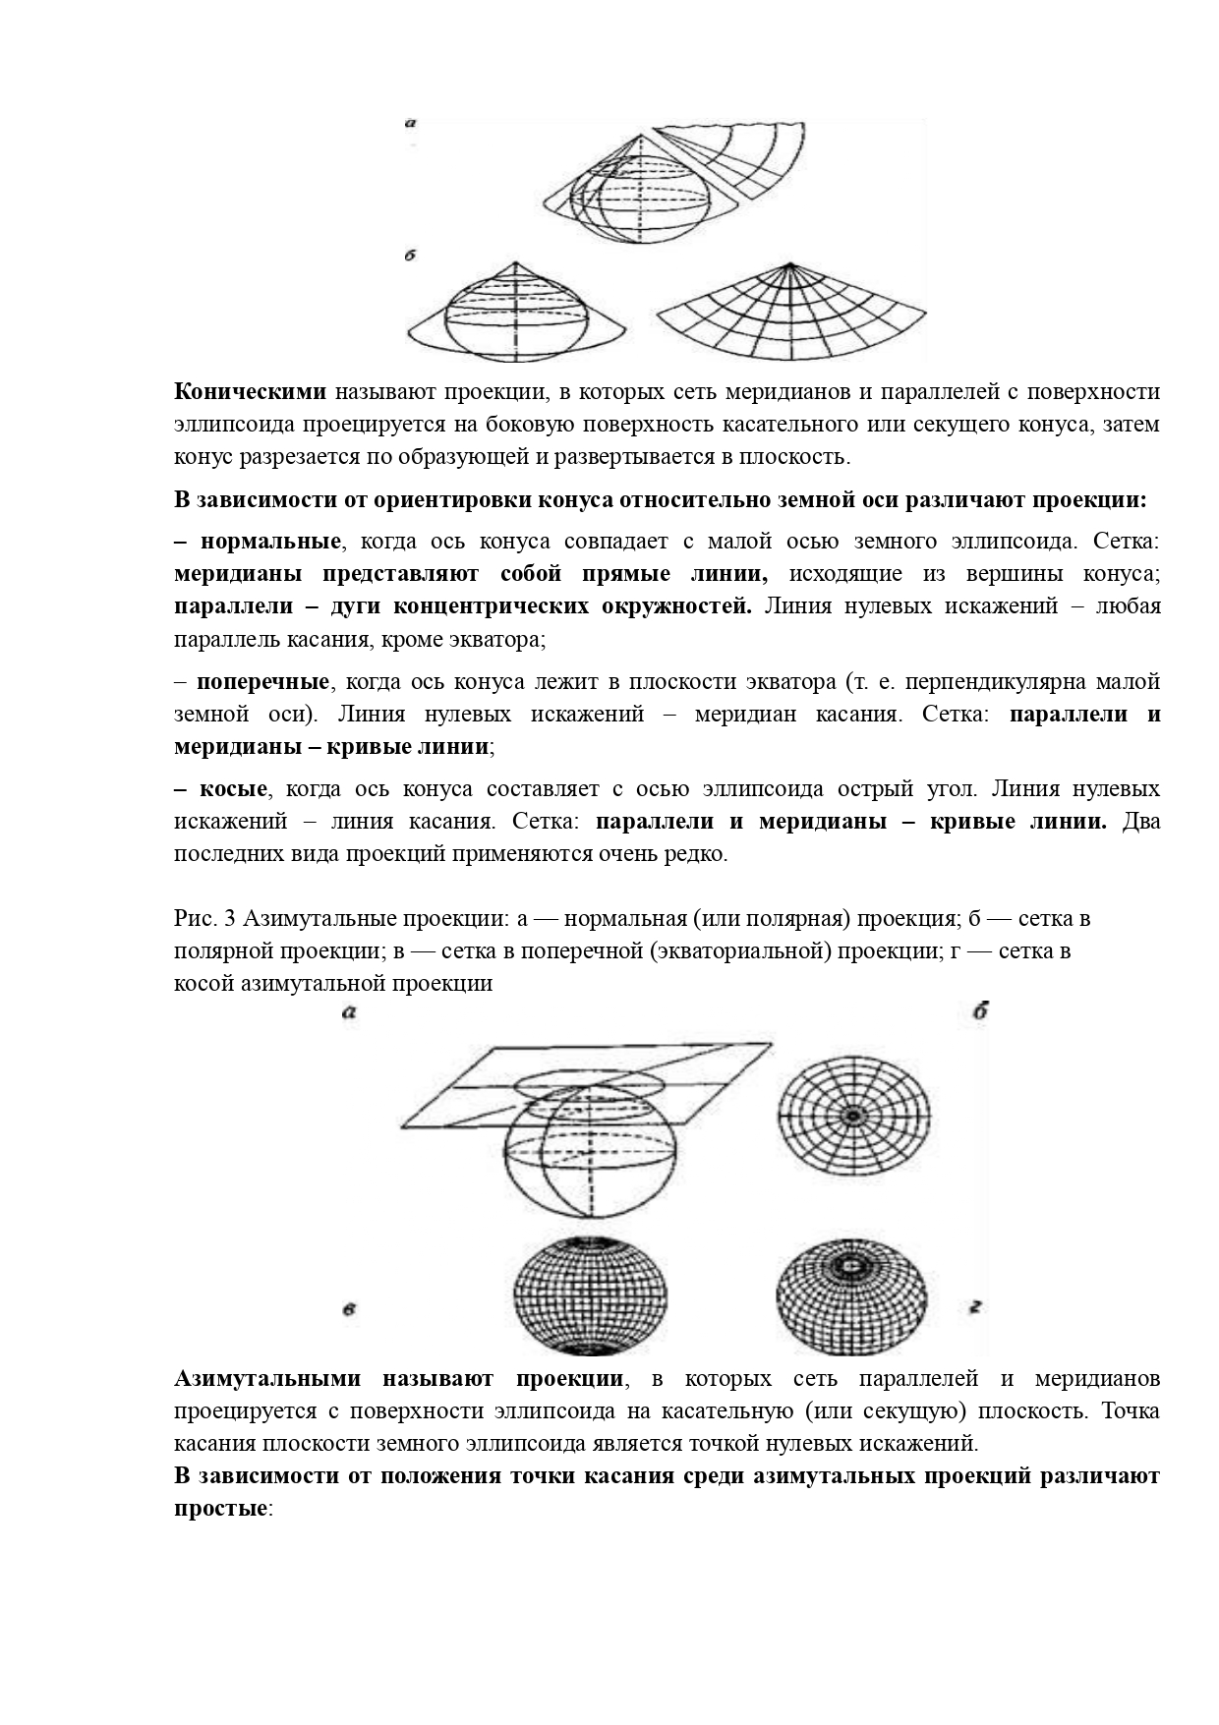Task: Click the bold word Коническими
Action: click(x=250, y=392)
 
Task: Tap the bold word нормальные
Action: click(x=270, y=542)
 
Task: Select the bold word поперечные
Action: click(x=262, y=682)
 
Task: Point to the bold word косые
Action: click(x=234, y=789)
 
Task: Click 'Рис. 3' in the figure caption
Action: click(x=204, y=919)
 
